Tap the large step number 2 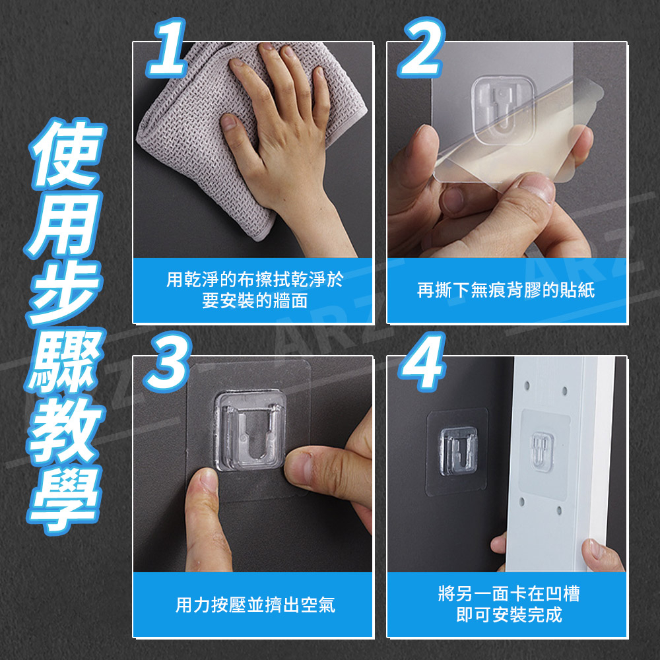422,48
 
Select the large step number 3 168,362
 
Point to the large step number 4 422,362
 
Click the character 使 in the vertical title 67,154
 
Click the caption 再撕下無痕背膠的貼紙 506,290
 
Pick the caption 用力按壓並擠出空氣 255,605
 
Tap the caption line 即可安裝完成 509,615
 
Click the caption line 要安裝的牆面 255,300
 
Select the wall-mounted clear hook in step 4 459,451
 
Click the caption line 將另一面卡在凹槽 509,594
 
